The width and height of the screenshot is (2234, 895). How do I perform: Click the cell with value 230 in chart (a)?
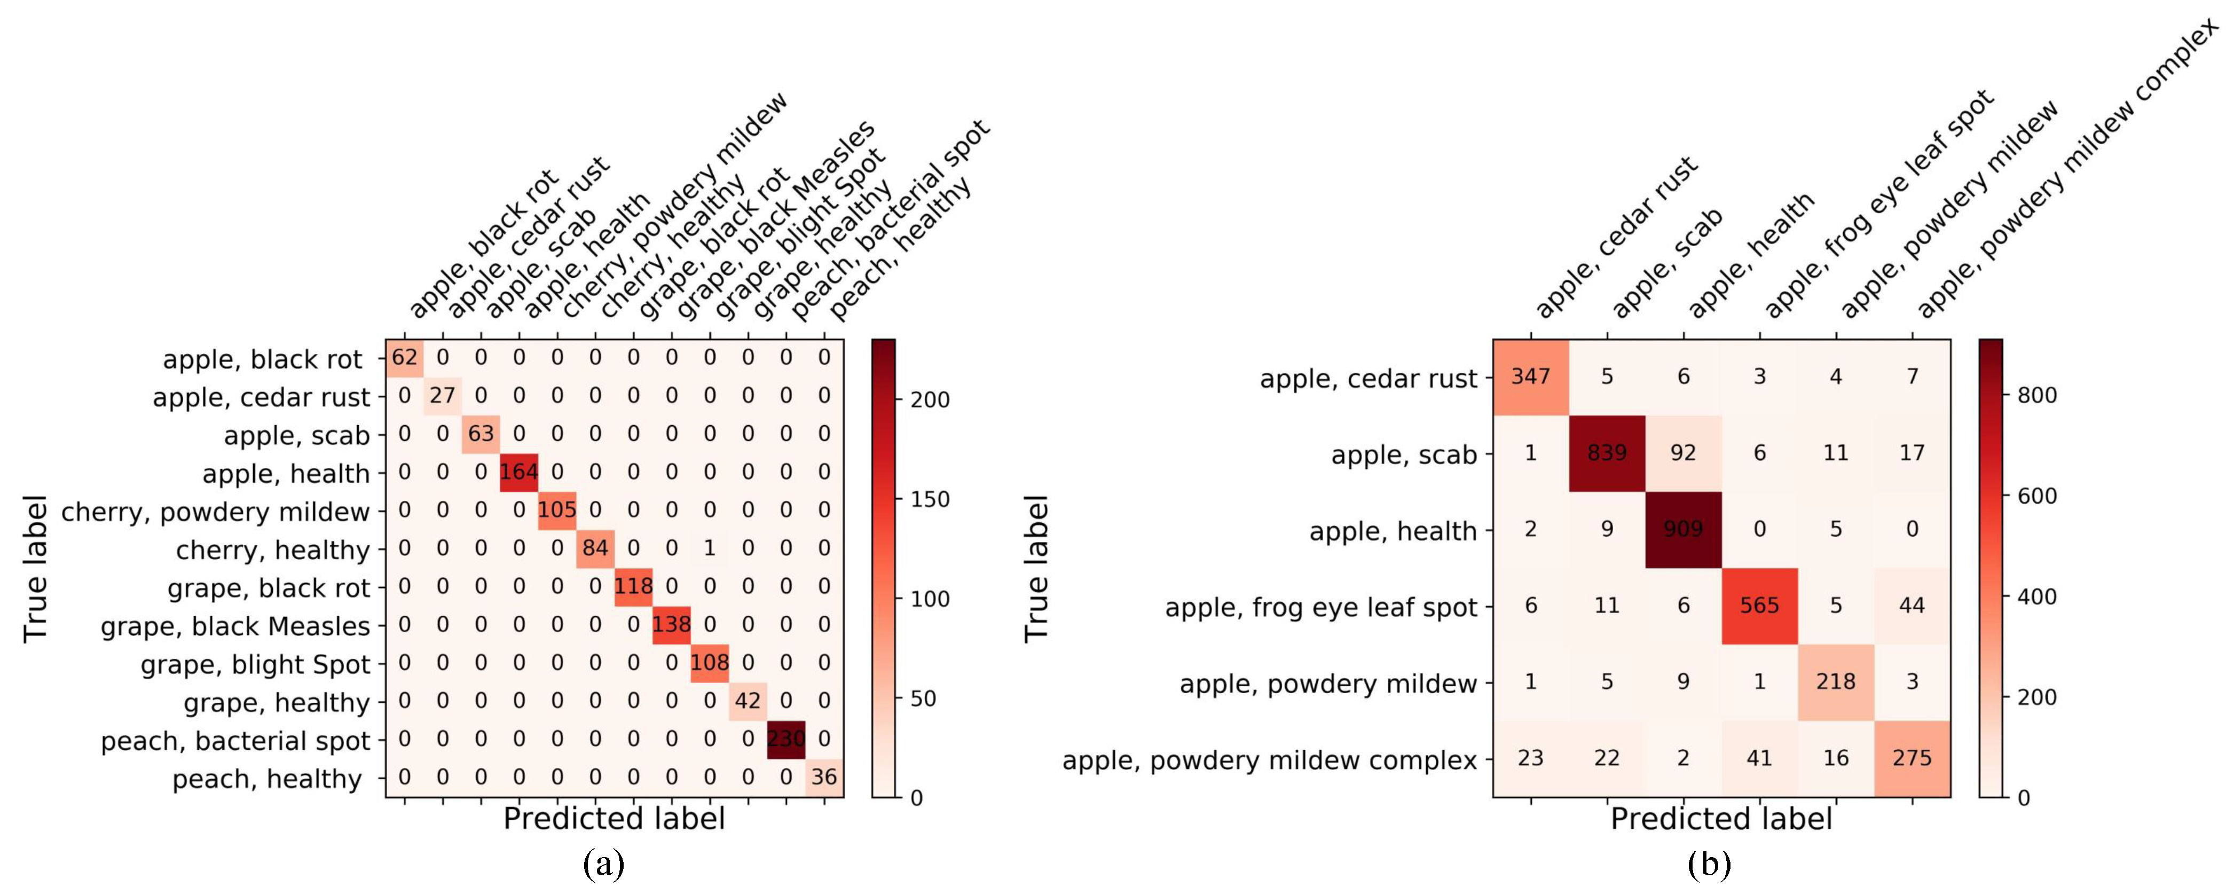[786, 740]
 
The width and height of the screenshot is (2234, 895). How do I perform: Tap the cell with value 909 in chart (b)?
[1684, 530]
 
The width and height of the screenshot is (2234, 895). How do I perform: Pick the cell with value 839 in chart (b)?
[1607, 453]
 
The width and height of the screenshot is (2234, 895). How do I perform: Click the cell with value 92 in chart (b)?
[1684, 453]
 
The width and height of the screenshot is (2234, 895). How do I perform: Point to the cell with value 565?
[1760, 606]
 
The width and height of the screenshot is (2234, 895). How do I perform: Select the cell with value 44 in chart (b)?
[1912, 606]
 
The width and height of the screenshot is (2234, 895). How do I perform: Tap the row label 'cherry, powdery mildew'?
[215, 512]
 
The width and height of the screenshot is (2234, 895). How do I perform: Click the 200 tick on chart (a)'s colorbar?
[930, 400]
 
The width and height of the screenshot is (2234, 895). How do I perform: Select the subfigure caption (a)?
[604, 865]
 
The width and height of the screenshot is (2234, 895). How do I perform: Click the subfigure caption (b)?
[1709, 865]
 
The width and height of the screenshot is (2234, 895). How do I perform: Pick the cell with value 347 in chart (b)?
[1531, 377]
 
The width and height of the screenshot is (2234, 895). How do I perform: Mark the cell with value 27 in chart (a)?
[442, 396]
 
